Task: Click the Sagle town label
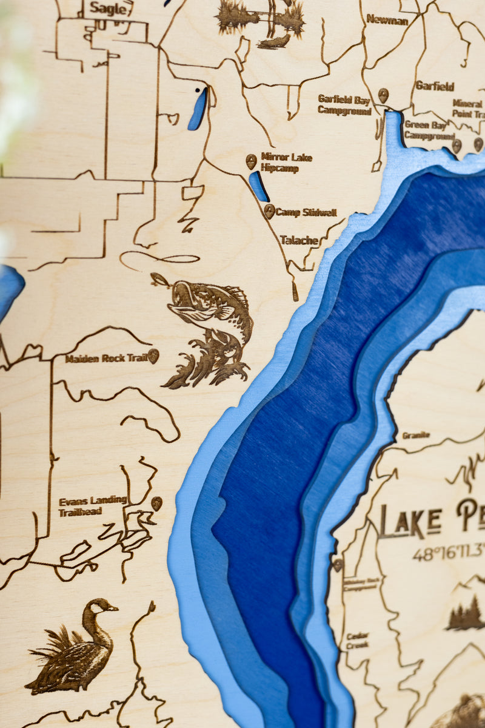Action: [x=109, y=8]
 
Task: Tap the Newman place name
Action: [x=387, y=19]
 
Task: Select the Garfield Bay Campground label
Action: [x=344, y=104]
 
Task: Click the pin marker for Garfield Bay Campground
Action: [x=383, y=95]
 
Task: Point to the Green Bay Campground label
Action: [x=426, y=130]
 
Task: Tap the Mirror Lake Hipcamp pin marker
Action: [x=251, y=161]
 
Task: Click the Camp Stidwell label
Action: [x=306, y=213]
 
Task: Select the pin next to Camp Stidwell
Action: [x=269, y=211]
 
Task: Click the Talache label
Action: [x=299, y=240]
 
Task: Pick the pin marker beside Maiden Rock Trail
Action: [x=153, y=356]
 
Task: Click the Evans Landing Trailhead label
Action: [x=92, y=506]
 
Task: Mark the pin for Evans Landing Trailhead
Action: [x=156, y=503]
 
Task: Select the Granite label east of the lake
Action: [x=416, y=435]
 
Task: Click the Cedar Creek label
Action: [x=357, y=641]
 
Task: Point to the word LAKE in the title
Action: [x=410, y=521]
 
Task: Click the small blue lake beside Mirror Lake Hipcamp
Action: [x=259, y=187]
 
